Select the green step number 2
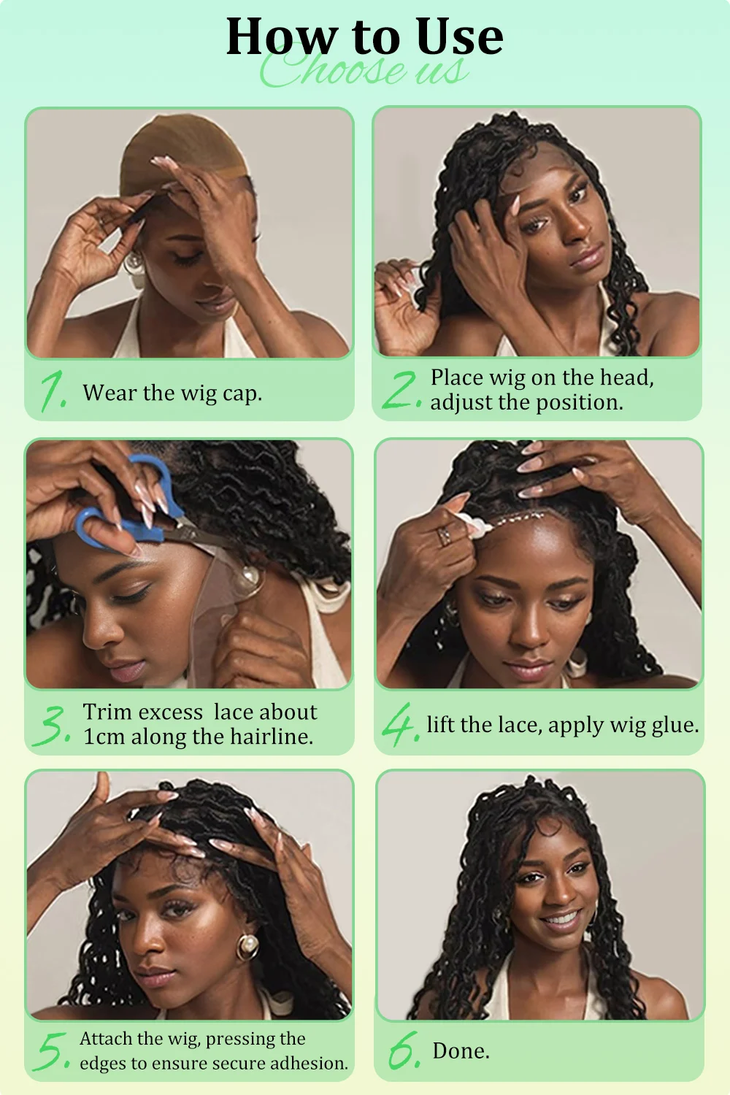pyautogui.click(x=401, y=390)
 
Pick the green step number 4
pyautogui.click(x=401, y=724)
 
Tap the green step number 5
pyautogui.click(x=52, y=1051)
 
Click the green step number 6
pyautogui.click(x=404, y=1050)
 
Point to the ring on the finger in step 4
pyautogui.click(x=444, y=536)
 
